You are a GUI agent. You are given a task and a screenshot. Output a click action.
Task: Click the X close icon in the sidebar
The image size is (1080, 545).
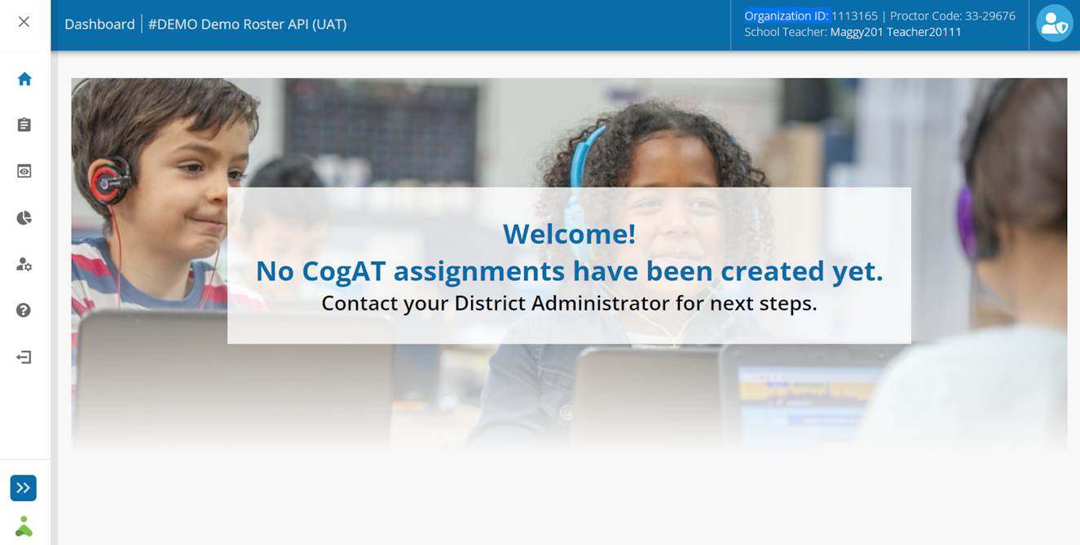[24, 22]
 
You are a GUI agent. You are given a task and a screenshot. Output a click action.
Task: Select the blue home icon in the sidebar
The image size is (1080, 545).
[24, 78]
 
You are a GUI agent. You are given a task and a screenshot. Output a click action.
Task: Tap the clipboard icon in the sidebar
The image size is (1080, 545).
[24, 125]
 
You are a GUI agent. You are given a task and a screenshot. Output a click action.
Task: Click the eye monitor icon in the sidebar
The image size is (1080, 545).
[24, 171]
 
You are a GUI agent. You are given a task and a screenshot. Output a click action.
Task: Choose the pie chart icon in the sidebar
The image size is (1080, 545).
[24, 218]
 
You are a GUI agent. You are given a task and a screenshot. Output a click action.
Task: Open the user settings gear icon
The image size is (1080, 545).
[24, 264]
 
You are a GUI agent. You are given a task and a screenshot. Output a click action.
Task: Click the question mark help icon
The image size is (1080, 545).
[24, 310]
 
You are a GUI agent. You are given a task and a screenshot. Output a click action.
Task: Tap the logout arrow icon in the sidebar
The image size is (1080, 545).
[24, 357]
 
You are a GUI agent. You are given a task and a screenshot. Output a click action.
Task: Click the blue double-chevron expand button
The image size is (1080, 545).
[23, 488]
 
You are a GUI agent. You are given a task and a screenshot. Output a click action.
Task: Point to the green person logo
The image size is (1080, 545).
[24, 526]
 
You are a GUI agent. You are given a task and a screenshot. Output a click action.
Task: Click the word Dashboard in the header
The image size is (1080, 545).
[99, 24]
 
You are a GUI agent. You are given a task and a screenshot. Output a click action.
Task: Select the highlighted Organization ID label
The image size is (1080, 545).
[787, 16]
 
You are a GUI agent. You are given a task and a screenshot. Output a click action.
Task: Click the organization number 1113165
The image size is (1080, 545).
[854, 16]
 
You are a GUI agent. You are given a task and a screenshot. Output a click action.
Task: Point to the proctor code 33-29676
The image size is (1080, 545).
[990, 16]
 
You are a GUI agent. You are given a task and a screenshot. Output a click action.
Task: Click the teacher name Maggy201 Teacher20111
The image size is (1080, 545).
[896, 33]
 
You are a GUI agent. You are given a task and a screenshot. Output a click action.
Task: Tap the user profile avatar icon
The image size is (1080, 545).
[1055, 24]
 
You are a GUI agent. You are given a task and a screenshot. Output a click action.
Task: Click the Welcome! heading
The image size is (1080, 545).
[570, 234]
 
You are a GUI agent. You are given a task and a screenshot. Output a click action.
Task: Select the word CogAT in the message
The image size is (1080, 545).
[344, 270]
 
